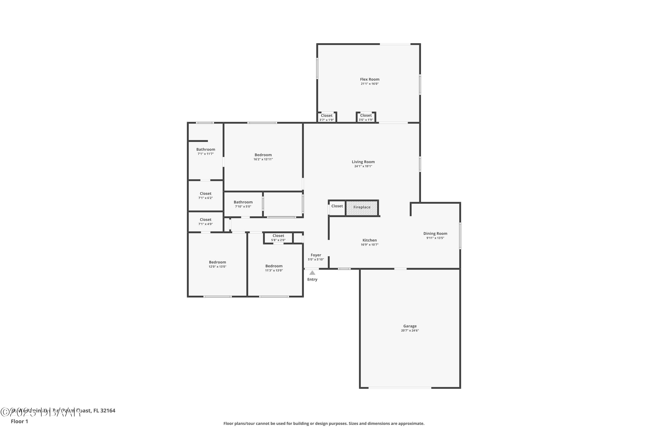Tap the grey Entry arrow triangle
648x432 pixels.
coord(312,273)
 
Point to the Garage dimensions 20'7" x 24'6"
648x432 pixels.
coord(410,331)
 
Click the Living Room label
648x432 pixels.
coord(363,162)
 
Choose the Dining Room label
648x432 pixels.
coord(435,234)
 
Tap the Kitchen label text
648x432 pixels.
coord(369,240)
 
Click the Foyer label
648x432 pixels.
coord(316,255)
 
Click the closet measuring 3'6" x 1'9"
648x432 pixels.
coord(366,117)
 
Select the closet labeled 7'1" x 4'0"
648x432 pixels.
coord(206,222)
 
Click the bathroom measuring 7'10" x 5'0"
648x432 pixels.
coord(243,204)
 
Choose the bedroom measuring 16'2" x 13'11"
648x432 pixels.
coord(263,157)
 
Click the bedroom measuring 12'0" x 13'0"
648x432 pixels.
coord(217,264)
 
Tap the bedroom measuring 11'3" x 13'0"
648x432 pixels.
coord(274,268)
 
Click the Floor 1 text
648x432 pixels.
coord(19,421)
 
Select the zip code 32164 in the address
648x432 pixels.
coord(108,411)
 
